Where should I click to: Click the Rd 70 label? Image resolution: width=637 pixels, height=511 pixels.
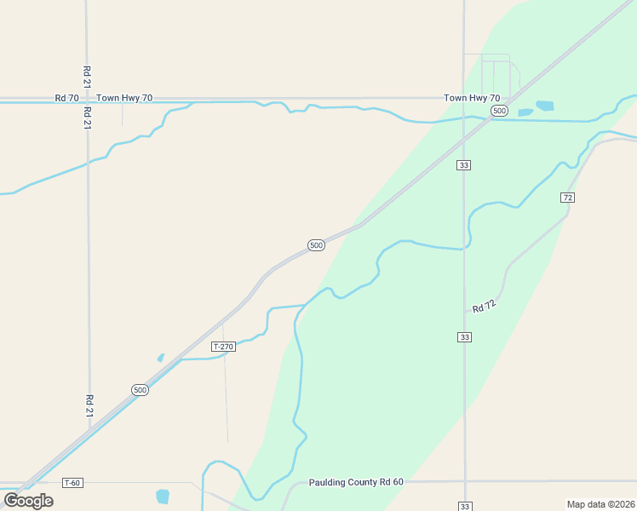(x=67, y=98)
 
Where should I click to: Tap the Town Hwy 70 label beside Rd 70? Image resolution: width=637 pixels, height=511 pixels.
(x=124, y=98)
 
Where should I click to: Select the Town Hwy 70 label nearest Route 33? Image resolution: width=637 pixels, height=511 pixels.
(x=472, y=98)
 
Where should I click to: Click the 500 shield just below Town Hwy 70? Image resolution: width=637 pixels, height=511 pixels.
(x=500, y=111)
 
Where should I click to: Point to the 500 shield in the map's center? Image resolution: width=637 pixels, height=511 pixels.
(x=316, y=245)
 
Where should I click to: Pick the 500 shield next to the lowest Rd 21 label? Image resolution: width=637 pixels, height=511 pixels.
(x=140, y=389)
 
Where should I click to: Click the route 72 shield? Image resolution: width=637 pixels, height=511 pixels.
(x=568, y=197)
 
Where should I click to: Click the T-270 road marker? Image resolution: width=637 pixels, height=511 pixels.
(x=222, y=347)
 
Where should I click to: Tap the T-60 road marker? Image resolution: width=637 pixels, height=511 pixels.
(x=72, y=483)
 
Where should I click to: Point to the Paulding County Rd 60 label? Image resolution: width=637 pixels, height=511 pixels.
(x=356, y=482)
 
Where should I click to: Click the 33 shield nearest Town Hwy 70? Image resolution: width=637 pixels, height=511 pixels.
(x=463, y=164)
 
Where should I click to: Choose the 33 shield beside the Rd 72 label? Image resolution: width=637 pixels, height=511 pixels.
(x=463, y=337)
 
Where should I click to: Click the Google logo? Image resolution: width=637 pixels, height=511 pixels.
(x=28, y=500)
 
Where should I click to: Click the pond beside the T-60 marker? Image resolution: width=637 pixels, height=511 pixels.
(x=163, y=496)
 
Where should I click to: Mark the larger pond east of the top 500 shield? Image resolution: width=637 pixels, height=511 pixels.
(x=544, y=106)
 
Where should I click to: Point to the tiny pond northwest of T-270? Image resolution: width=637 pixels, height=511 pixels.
(x=160, y=358)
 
